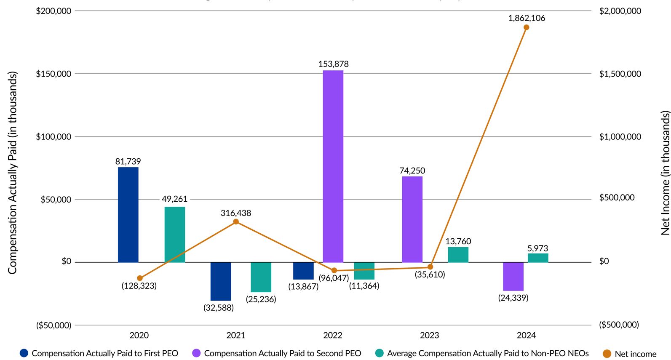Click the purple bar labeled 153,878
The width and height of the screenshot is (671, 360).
(x=333, y=166)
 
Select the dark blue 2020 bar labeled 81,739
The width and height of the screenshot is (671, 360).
(x=128, y=215)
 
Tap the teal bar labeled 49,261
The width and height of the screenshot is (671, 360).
(x=174, y=235)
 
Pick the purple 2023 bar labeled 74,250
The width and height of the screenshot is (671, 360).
(x=412, y=219)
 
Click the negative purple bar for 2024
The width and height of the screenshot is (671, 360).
(x=513, y=276)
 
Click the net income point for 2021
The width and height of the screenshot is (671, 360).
(x=236, y=222)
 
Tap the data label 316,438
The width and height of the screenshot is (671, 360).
(x=236, y=213)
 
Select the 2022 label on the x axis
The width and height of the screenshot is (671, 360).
(x=333, y=336)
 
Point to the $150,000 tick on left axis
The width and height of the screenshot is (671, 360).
(x=53, y=74)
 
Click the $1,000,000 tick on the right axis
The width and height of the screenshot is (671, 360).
(x=620, y=137)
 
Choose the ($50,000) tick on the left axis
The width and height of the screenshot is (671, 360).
(x=53, y=325)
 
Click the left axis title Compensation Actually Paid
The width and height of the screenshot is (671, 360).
(x=12, y=173)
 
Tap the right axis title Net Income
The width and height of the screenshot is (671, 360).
(x=665, y=173)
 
